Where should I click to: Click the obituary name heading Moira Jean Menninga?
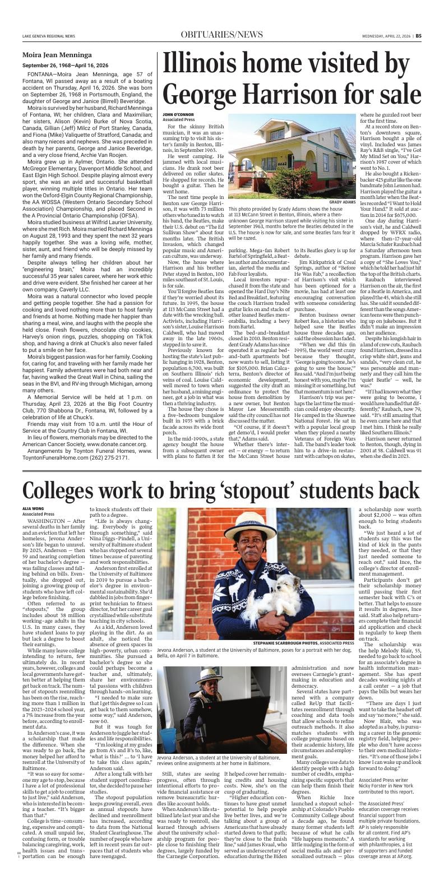57,55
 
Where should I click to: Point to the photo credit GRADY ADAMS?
342,202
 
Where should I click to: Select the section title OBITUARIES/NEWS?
221,35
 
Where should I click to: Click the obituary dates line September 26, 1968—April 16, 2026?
66,65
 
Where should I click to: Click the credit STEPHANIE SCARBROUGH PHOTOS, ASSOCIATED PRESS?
303,643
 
